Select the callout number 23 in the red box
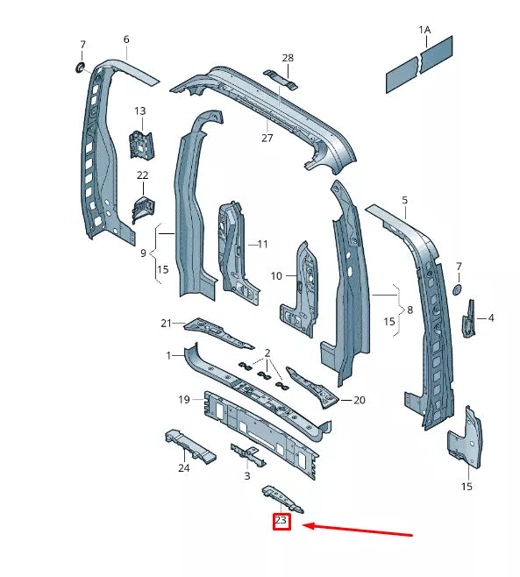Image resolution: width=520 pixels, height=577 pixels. pyautogui.click(x=281, y=521)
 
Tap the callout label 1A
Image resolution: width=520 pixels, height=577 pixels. pyautogui.click(x=424, y=30)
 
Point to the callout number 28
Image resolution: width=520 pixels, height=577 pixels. pyautogui.click(x=288, y=58)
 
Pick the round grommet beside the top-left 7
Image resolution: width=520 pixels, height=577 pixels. pyautogui.click(x=77, y=68)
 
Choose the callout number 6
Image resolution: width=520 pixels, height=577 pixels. pyautogui.click(x=126, y=39)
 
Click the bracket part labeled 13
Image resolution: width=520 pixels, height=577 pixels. pyautogui.click(x=139, y=143)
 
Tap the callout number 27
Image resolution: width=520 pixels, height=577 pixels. pyautogui.click(x=267, y=138)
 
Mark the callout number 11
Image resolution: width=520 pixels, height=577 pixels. pyautogui.click(x=262, y=244)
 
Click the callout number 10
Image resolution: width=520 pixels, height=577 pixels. pyautogui.click(x=276, y=276)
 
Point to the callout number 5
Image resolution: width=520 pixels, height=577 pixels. pyautogui.click(x=405, y=201)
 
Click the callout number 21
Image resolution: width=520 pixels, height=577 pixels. pyautogui.click(x=166, y=324)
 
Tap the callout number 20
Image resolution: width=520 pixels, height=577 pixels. pyautogui.click(x=359, y=400)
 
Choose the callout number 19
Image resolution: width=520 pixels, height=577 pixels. pyautogui.click(x=184, y=400)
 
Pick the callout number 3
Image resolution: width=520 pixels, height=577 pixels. pyautogui.click(x=247, y=476)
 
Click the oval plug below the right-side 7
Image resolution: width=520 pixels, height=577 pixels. pyautogui.click(x=457, y=291)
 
